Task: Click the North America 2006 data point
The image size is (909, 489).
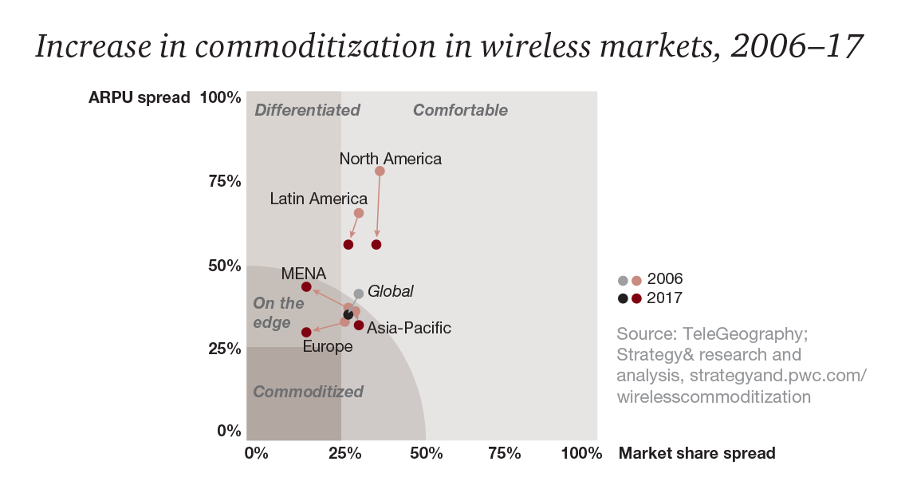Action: pyautogui.click(x=380, y=171)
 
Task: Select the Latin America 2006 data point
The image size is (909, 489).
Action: pyautogui.click(x=359, y=213)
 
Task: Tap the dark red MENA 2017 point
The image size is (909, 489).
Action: pyautogui.click(x=306, y=286)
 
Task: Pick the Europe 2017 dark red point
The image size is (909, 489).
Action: pyautogui.click(x=306, y=332)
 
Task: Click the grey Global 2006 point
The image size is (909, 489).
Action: pyautogui.click(x=359, y=294)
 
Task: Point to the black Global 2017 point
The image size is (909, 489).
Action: pyautogui.click(x=348, y=314)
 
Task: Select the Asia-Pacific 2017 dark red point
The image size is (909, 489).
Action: pyautogui.click(x=359, y=325)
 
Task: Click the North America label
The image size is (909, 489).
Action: pyautogui.click(x=390, y=159)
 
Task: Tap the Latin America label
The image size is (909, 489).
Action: pyautogui.click(x=318, y=199)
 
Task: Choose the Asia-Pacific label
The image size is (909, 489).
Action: pyautogui.click(x=408, y=328)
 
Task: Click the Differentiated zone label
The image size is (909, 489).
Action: pyautogui.click(x=307, y=110)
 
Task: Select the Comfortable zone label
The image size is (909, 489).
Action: pyautogui.click(x=460, y=110)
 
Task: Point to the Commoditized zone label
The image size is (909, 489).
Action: pyautogui.click(x=308, y=392)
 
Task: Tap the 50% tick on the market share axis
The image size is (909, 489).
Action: pyautogui.click(x=427, y=453)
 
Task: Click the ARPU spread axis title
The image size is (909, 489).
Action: pyautogui.click(x=139, y=97)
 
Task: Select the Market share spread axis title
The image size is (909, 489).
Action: pyautogui.click(x=697, y=453)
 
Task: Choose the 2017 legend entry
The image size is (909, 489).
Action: pyautogui.click(x=664, y=298)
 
